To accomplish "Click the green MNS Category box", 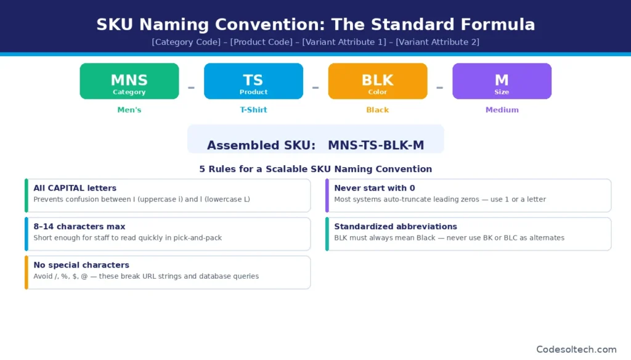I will [129, 81].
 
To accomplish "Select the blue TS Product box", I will [253, 81].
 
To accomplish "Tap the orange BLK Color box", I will [377, 81].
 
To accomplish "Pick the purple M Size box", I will [502, 81].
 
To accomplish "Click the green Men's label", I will [129, 110].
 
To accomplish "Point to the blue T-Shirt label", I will [253, 110].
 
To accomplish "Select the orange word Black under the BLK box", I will [377, 110].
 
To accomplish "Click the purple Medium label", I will [502, 110].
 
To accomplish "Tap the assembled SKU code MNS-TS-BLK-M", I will [376, 145].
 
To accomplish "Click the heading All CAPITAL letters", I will [75, 188].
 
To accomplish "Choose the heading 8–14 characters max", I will [79, 226].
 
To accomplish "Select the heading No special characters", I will [81, 265].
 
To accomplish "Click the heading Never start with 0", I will [375, 188].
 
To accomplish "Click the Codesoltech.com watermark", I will [576, 350].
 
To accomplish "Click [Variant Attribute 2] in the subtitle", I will [437, 42].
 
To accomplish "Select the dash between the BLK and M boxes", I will [439, 88].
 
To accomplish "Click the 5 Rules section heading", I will [315, 169].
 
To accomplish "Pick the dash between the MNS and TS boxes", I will [191, 88].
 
